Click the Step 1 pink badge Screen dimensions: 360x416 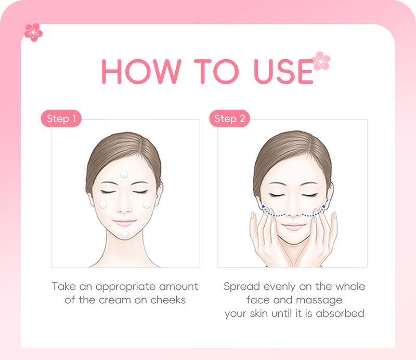click(x=61, y=119)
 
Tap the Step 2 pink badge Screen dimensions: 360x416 click(x=229, y=119)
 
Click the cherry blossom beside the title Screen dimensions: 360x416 click(x=321, y=61)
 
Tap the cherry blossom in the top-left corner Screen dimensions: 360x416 click(x=33, y=32)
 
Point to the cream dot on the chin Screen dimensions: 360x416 click(x=125, y=234)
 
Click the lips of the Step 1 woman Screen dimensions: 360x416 click(x=125, y=222)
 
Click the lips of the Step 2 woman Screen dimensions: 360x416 click(x=294, y=226)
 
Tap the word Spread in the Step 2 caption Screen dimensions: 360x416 click(x=241, y=287)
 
